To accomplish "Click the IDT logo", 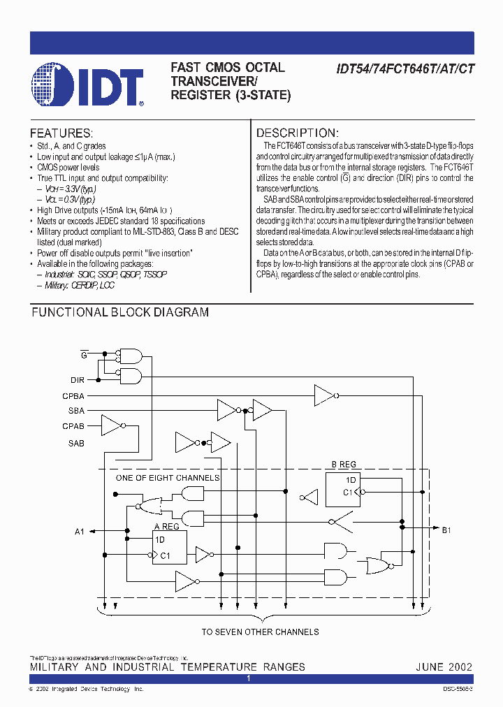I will click(87, 85).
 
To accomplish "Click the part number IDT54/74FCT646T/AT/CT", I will click(398, 68).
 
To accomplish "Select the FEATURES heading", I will click(61, 133).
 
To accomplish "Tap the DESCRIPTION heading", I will click(298, 133).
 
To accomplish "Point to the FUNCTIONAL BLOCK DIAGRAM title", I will click(120, 312).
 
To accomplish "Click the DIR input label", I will click(78, 379).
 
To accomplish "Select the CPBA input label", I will click(73, 395).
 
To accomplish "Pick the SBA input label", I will click(76, 411).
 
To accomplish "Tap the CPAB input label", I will click(73, 426).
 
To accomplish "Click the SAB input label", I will click(76, 443).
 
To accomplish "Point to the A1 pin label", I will click(80, 532).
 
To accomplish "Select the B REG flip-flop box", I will click(343, 489).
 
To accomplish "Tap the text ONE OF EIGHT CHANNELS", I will click(168, 478).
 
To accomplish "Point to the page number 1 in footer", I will click(248, 678).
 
